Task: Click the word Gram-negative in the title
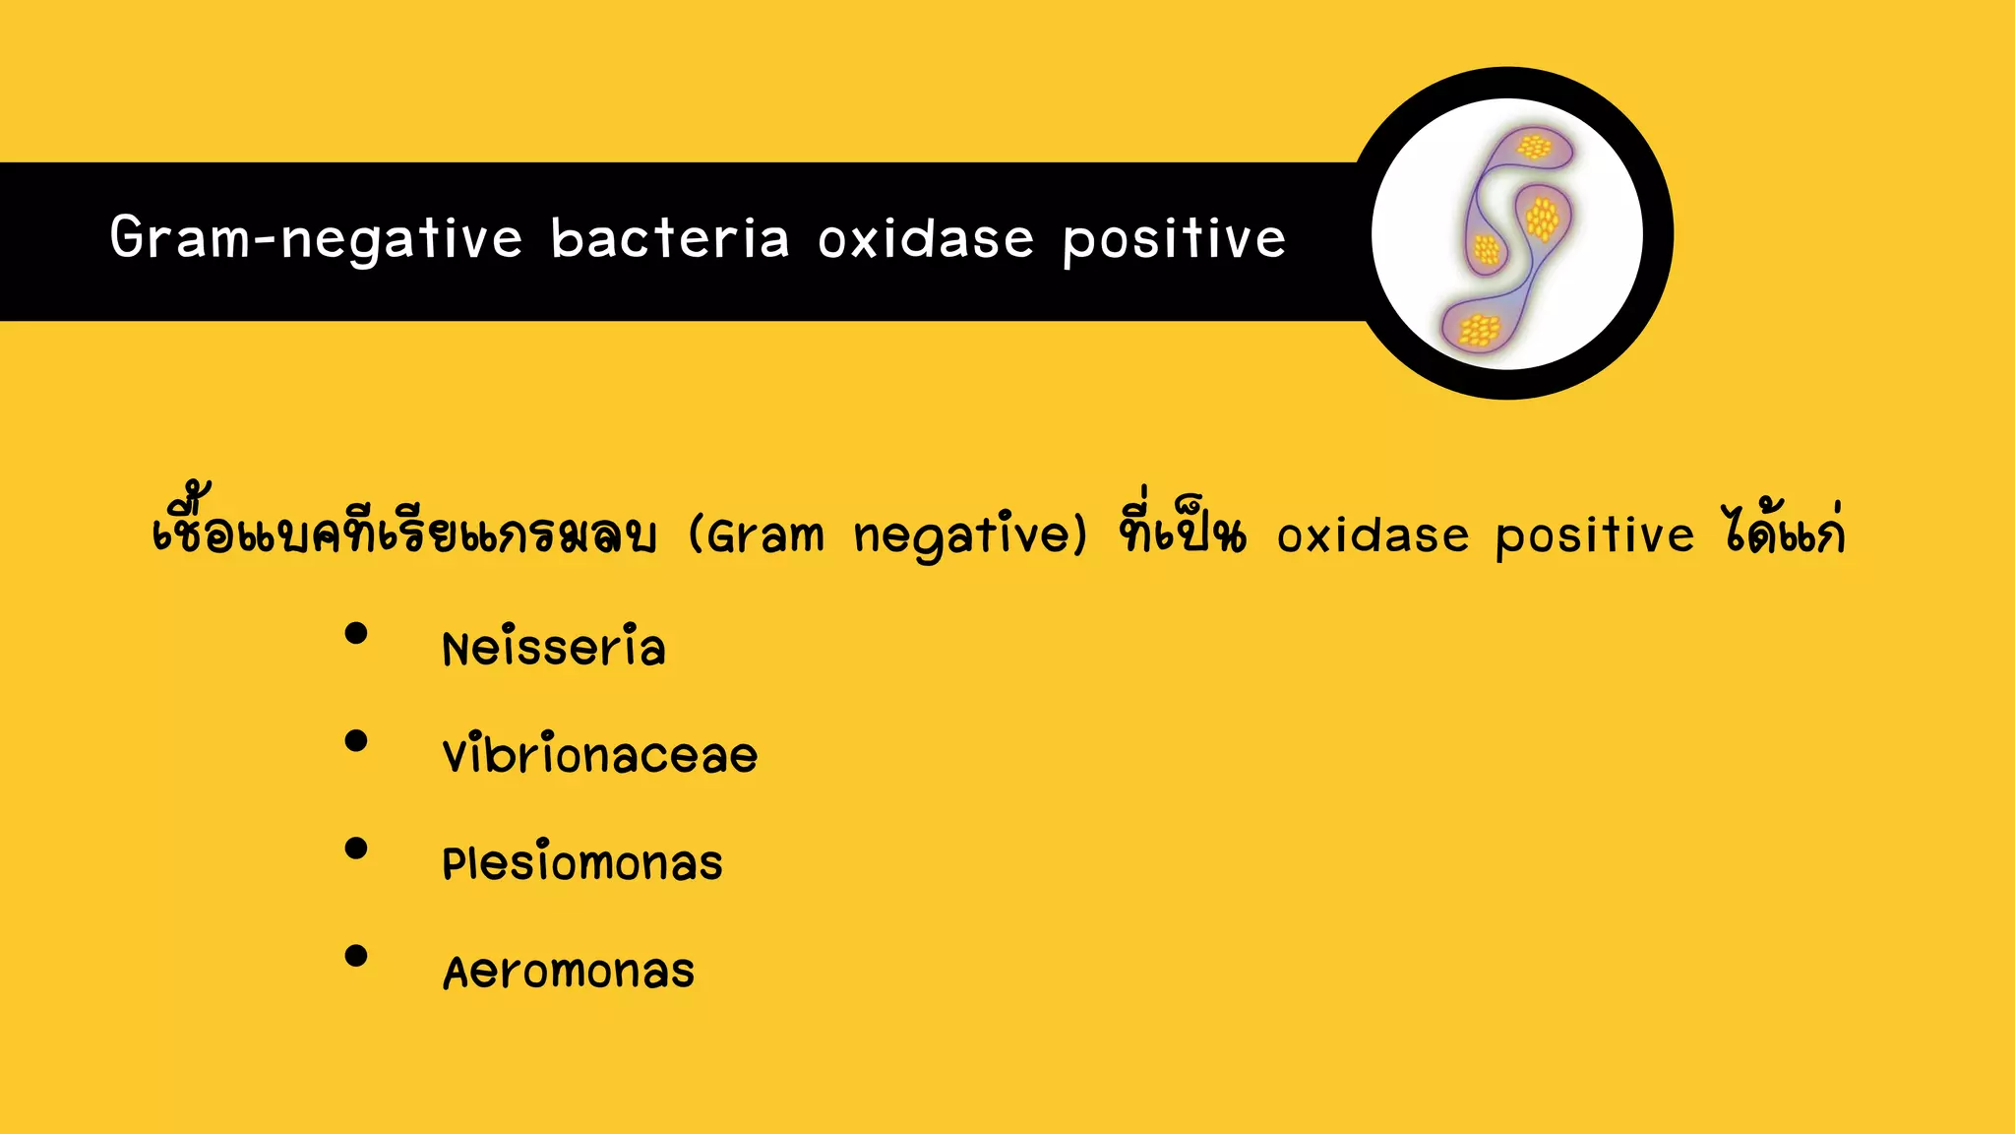click(x=315, y=239)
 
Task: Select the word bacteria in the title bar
click(x=670, y=239)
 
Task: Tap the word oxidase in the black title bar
click(x=926, y=239)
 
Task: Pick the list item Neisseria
click(x=554, y=648)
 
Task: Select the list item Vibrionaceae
click(x=600, y=755)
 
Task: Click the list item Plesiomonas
click(x=582, y=863)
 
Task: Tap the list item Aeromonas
click(x=569, y=972)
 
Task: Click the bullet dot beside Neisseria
click(x=356, y=633)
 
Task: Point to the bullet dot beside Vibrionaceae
click(x=356, y=740)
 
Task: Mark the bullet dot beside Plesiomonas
click(x=356, y=848)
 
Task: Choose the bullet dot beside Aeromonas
click(x=356, y=955)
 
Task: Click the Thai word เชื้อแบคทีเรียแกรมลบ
click(x=403, y=532)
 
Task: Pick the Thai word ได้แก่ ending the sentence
click(x=1783, y=532)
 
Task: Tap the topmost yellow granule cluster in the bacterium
click(x=1533, y=149)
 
